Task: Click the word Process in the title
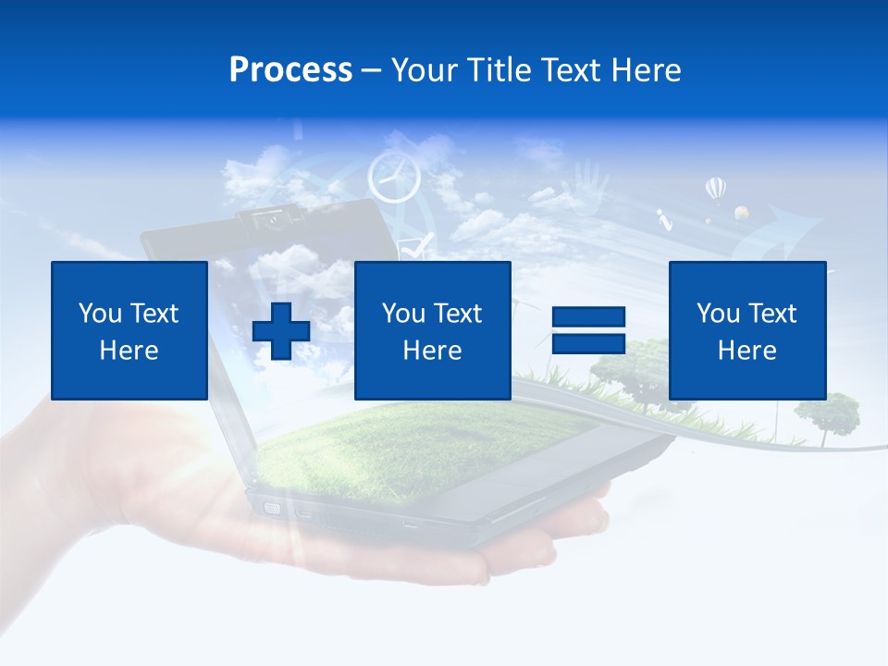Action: point(290,69)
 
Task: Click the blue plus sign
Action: point(281,330)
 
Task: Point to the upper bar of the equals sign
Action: point(588,317)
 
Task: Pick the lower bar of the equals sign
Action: point(588,343)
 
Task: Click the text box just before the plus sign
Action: point(129,330)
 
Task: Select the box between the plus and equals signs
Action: point(432,330)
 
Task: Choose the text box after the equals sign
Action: point(746,330)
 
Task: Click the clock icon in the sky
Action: point(394,177)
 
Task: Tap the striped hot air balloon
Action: point(715,190)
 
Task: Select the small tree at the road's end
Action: point(826,413)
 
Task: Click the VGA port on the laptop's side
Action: point(273,508)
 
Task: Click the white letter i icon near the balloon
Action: point(662,220)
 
